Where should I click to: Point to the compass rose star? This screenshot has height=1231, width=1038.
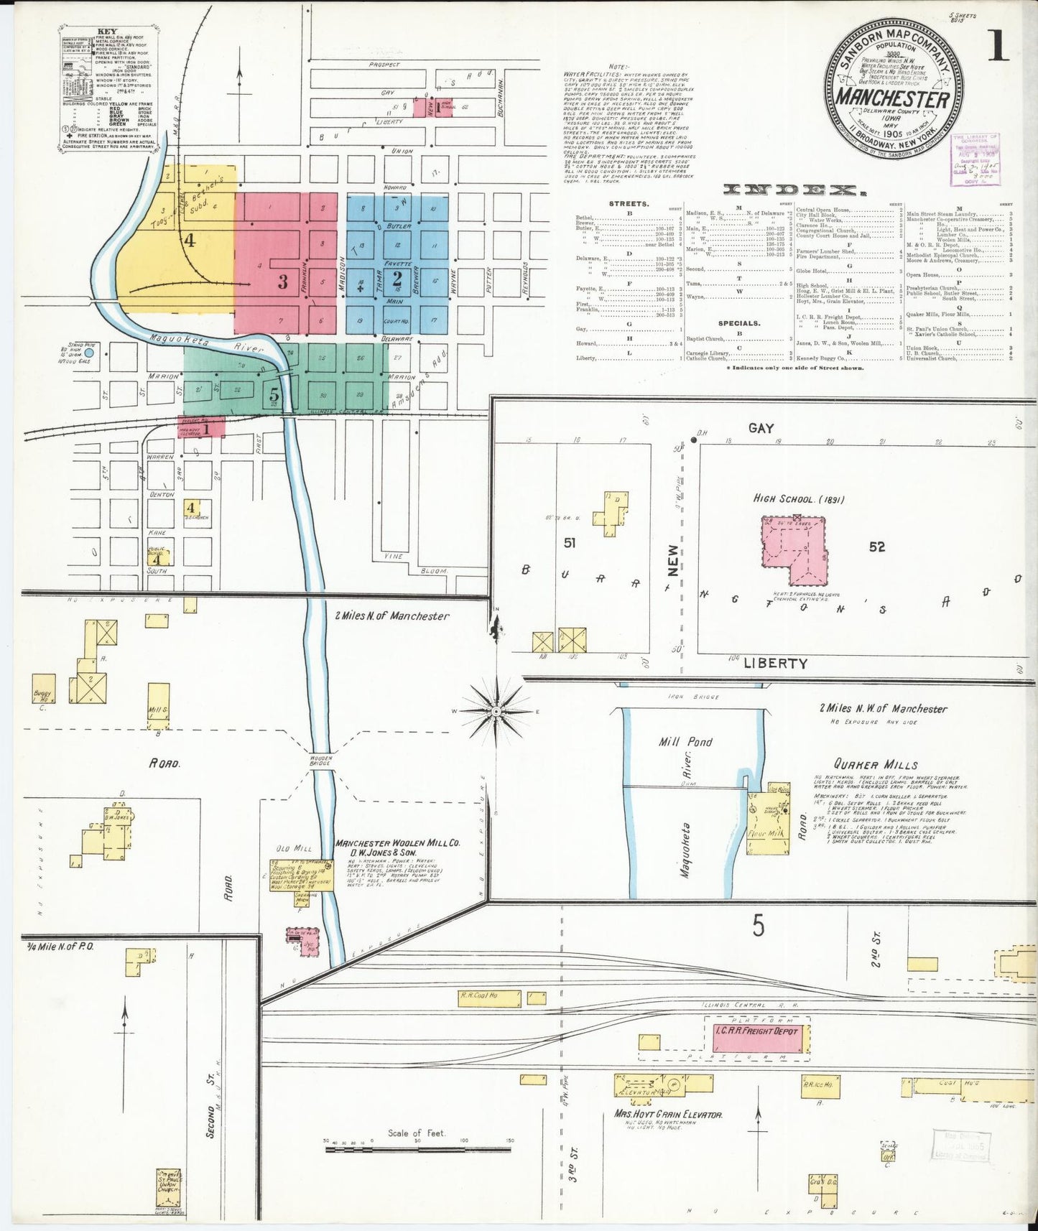tap(496, 710)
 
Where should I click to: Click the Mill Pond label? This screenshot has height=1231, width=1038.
tap(686, 741)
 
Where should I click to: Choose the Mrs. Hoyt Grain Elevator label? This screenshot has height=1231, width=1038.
tap(667, 1115)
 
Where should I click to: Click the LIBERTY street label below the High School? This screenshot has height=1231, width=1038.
tap(775, 663)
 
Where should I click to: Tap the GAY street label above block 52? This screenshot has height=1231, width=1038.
tap(761, 428)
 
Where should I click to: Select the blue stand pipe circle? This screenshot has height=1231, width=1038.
tap(89, 353)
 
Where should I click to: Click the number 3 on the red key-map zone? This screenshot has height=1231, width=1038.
tap(283, 282)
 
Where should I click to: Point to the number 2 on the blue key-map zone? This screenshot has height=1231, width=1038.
tap(397, 277)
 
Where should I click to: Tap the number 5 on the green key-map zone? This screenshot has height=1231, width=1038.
tap(274, 394)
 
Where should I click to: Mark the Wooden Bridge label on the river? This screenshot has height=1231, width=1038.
tap(320, 760)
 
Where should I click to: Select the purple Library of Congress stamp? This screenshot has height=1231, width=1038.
tap(975, 159)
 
